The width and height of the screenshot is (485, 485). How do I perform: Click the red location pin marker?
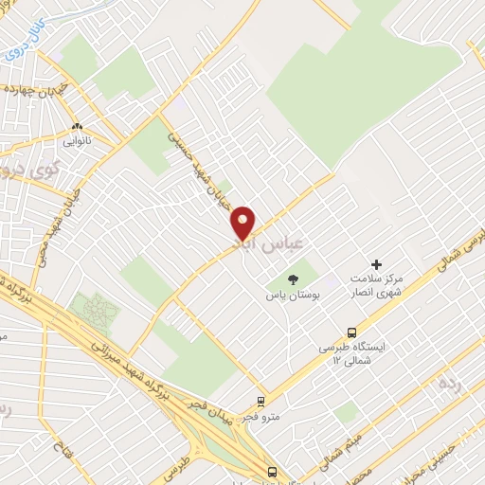[x=242, y=223]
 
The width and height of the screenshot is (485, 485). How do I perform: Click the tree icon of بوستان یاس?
[x=291, y=278]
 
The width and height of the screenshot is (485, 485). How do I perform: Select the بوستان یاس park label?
[x=291, y=296]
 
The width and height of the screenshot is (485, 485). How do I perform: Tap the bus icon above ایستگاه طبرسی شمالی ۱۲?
[x=351, y=332]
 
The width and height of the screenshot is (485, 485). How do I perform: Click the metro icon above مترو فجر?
[x=261, y=401]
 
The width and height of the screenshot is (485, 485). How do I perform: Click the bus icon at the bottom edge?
[x=272, y=472]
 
